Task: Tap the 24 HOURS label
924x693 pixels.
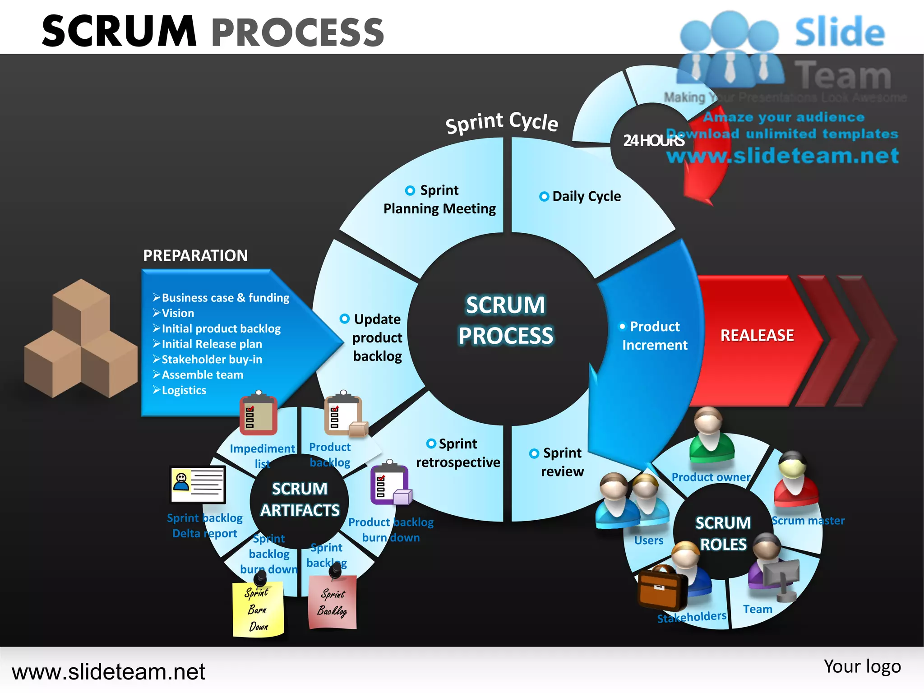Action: [653, 141]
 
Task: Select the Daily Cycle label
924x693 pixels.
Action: [586, 196]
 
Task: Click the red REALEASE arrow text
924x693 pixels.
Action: [757, 335]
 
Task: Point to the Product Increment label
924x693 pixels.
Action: [654, 336]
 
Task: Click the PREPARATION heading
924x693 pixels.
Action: [195, 255]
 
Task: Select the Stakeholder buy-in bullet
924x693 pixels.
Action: [211, 360]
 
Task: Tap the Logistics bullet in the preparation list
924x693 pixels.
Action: [184, 390]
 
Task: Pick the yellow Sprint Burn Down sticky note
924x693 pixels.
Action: [258, 609]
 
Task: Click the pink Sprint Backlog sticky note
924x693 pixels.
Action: [333, 603]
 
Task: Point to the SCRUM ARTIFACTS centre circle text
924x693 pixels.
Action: [300, 499]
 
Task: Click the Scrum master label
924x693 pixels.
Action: [808, 521]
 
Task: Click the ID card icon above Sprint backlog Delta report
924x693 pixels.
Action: [198, 485]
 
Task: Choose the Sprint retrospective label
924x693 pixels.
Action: [457, 453]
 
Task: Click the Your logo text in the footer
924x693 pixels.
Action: [862, 666]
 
